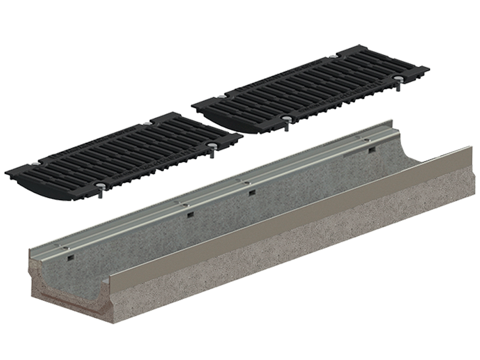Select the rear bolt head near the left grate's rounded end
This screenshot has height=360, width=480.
[36, 164]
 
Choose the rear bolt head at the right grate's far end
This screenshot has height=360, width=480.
[333, 57]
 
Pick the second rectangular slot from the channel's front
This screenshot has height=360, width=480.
[190, 215]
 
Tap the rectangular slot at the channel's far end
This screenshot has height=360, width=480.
[372, 150]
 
